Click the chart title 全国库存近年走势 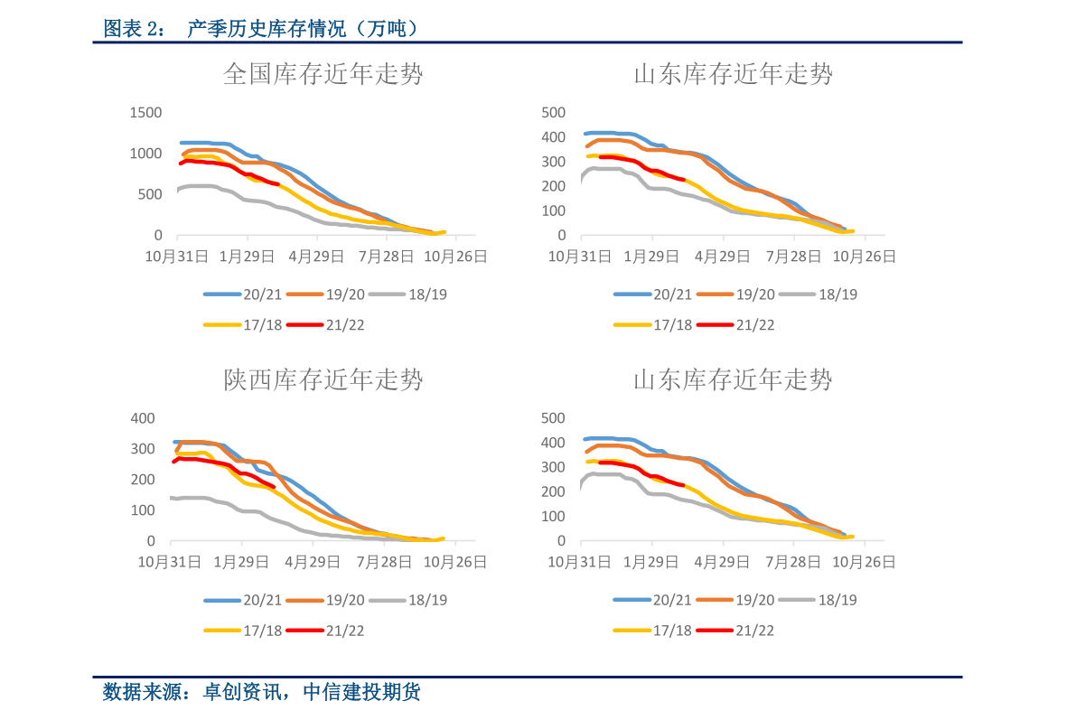(x=323, y=74)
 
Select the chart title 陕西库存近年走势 (x=323, y=379)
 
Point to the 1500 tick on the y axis (x=145, y=113)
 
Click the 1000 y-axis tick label (x=145, y=154)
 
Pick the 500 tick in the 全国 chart (x=150, y=194)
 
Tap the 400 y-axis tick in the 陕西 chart (x=144, y=418)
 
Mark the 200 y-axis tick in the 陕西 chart (x=144, y=480)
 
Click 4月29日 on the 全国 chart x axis (x=316, y=257)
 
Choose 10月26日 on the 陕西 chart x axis (x=455, y=562)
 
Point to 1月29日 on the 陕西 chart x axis (x=245, y=562)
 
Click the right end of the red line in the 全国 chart (x=277, y=184)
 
